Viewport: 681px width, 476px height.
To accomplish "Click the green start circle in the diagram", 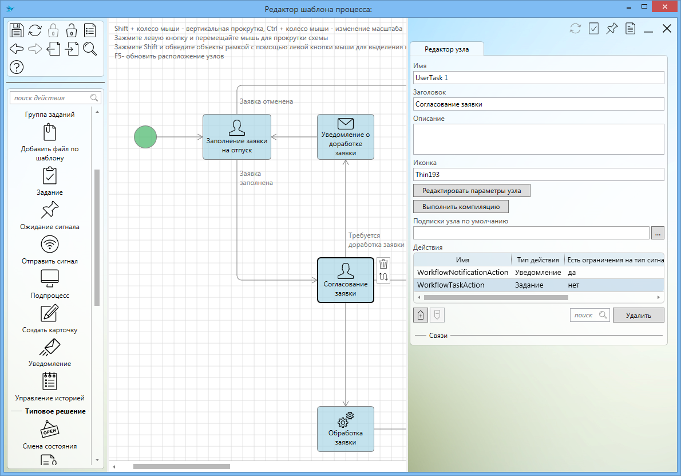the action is [x=145, y=137].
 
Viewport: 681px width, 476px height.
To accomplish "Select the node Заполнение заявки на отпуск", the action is [x=237, y=137].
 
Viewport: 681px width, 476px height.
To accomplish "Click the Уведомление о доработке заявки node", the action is [x=345, y=137].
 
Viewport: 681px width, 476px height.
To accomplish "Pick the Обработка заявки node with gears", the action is [x=345, y=429].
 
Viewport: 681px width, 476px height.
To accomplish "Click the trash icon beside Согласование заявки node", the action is [x=383, y=264].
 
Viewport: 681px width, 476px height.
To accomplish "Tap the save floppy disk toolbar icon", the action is [x=17, y=30].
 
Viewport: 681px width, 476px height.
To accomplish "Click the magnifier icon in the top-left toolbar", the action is [x=90, y=49].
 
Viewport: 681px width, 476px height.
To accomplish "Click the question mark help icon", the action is [x=17, y=67].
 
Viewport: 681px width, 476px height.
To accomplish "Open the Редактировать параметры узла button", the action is [x=472, y=190].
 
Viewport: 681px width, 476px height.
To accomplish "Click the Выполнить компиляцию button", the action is [x=461, y=206].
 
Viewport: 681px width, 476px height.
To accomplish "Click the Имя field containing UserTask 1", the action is [x=539, y=78].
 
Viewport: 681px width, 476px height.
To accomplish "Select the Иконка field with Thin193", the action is [x=539, y=174].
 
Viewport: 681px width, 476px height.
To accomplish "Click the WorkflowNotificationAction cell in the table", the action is [x=462, y=273].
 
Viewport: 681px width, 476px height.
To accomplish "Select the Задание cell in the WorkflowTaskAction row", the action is [x=529, y=285].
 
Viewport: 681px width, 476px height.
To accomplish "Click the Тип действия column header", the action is [x=538, y=260].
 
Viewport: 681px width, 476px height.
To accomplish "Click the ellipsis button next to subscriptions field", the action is [x=658, y=233].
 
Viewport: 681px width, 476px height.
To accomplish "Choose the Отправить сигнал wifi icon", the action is [x=50, y=245].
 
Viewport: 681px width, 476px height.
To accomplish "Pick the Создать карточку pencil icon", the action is [x=50, y=313].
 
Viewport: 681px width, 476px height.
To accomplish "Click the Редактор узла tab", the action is [x=446, y=49].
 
